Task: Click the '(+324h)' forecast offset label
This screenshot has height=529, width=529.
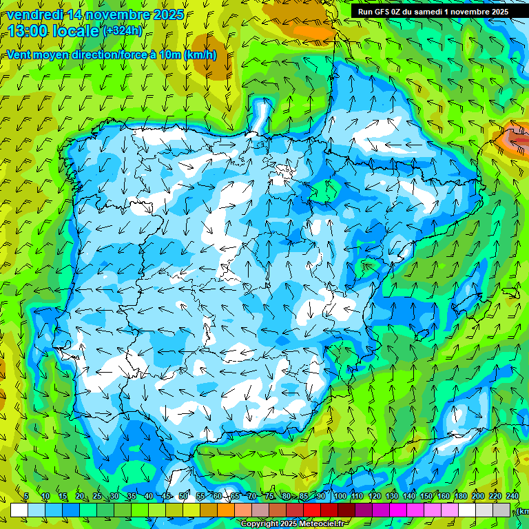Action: pos(123,31)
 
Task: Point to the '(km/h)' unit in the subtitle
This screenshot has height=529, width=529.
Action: pos(200,55)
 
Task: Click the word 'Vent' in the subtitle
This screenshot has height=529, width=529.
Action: pos(20,55)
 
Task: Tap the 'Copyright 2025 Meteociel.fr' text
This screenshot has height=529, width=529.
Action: pos(292,523)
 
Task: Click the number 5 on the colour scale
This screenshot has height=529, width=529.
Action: pos(26,496)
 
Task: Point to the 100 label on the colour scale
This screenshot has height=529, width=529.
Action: pos(340,496)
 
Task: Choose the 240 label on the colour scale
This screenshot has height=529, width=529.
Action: pos(512,496)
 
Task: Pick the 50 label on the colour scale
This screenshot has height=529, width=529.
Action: pos(183,496)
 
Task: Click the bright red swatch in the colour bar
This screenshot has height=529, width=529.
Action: pos(312,510)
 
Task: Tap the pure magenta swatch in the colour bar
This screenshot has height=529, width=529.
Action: pos(398,510)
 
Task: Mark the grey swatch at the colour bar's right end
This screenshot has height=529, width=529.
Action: pos(501,510)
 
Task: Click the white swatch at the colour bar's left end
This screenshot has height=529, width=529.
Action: pos(19,510)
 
